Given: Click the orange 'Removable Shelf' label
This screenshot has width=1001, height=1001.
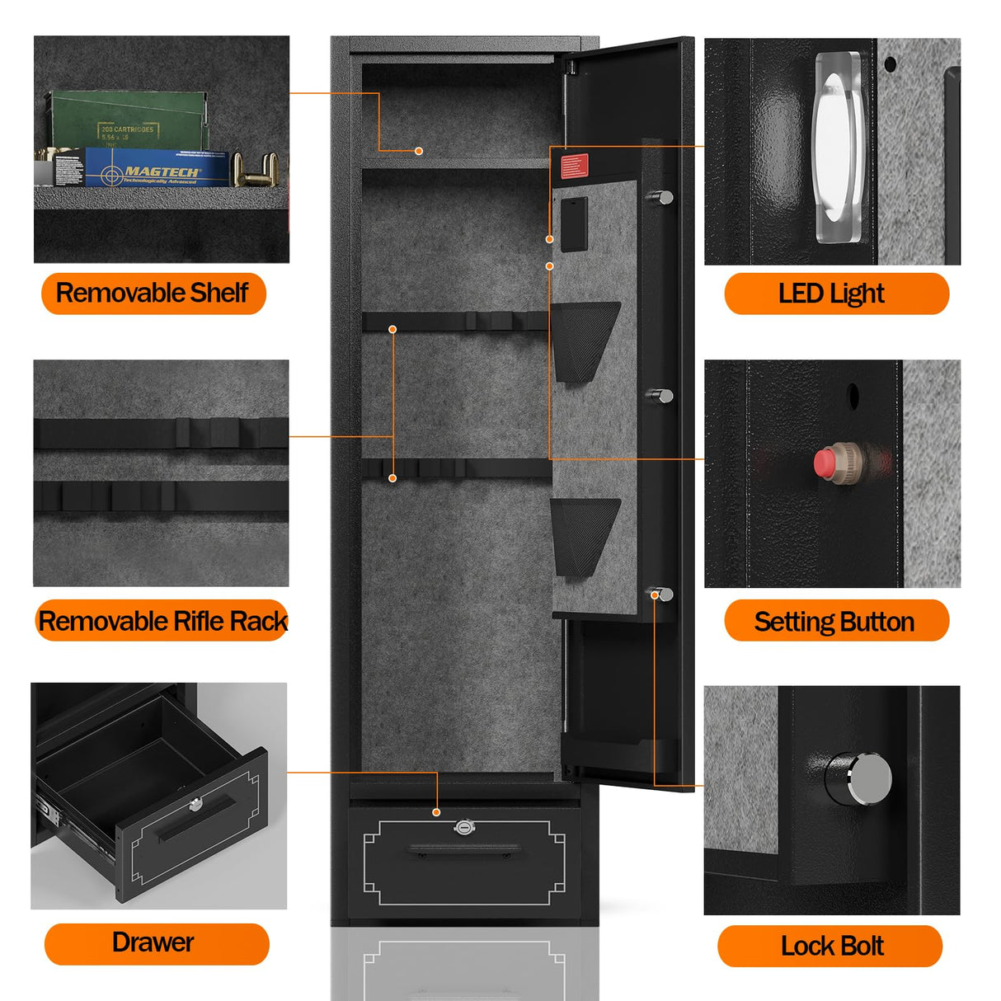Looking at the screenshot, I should [x=153, y=294].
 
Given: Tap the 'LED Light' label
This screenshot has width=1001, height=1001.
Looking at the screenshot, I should [x=835, y=294].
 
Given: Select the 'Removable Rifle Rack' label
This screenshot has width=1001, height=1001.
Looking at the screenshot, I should [x=162, y=621].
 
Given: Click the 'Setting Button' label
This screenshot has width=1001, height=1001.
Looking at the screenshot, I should [x=835, y=621].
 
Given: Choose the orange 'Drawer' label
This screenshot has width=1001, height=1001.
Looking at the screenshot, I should [x=157, y=943].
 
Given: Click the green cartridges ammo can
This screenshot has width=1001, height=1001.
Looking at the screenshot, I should [x=128, y=120].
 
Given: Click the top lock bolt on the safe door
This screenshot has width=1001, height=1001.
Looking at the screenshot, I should [x=661, y=197].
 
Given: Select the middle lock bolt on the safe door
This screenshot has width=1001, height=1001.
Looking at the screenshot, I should [x=661, y=396].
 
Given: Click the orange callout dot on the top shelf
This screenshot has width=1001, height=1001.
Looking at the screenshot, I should [x=419, y=151].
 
